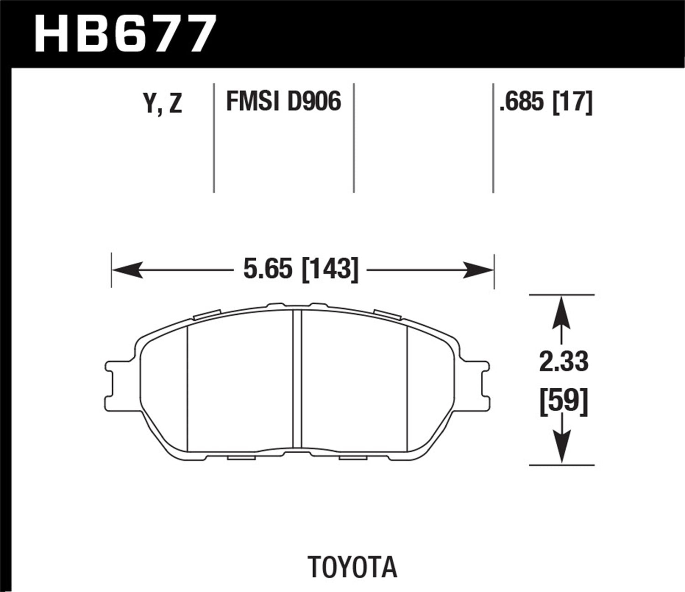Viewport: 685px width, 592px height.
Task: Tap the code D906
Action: (x=314, y=101)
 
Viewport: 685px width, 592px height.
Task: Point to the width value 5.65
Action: (x=267, y=270)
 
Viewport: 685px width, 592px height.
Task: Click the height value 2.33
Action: (x=564, y=362)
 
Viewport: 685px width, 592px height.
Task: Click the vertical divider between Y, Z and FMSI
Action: (x=214, y=137)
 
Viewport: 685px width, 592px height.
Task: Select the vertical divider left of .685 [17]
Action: (x=493, y=137)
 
